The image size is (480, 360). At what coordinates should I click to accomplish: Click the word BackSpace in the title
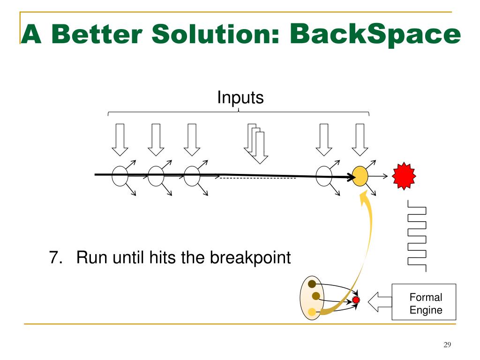375,35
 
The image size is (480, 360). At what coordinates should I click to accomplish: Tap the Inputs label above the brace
240,98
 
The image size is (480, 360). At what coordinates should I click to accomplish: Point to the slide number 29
447,345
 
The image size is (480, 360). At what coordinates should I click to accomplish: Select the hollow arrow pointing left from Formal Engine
379,302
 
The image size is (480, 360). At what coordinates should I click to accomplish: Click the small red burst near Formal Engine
356,300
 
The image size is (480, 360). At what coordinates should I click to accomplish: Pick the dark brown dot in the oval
312,284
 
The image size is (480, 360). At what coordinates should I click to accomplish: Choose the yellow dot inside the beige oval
312,311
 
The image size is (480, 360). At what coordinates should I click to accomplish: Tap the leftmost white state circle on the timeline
120,176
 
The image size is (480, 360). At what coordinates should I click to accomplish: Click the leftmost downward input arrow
120,139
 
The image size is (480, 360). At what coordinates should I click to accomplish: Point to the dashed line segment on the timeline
258,179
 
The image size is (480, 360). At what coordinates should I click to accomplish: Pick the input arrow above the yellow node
360,139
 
